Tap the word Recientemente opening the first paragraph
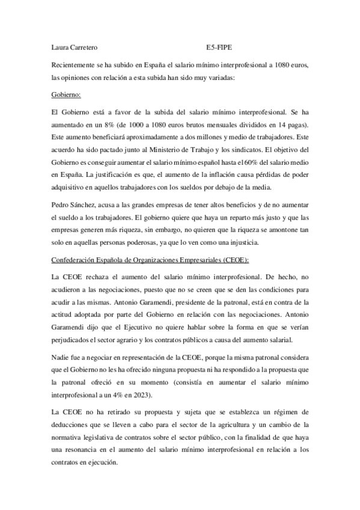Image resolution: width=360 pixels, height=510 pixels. click(74, 64)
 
